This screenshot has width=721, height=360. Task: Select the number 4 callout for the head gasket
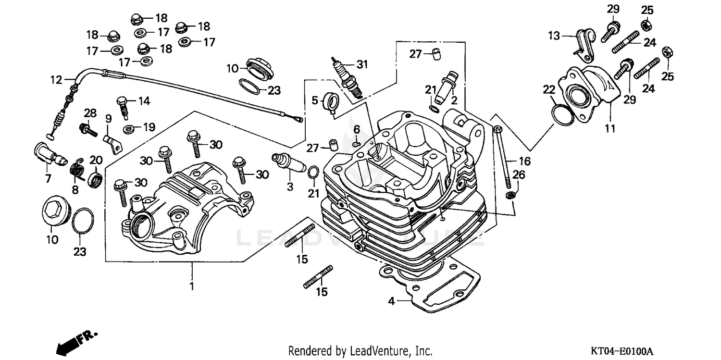(x=392, y=301)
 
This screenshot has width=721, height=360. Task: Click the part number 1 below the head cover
(x=191, y=287)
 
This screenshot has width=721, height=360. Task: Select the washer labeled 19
(x=129, y=128)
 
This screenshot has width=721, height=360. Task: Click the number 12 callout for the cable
(x=56, y=80)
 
